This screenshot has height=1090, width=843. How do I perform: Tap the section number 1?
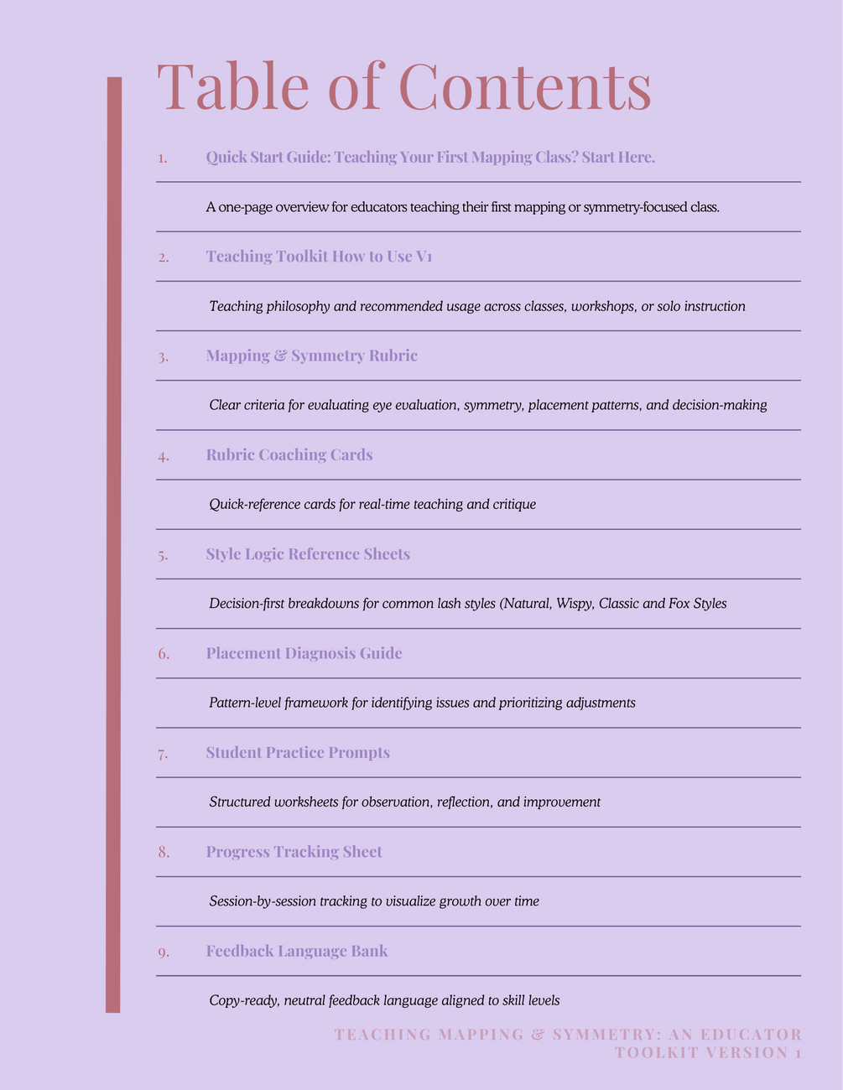point(163,158)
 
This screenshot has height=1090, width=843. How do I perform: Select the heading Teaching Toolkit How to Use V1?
point(319,257)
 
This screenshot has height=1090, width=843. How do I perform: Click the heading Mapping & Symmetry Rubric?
point(311,356)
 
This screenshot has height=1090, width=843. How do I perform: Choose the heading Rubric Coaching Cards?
point(289,455)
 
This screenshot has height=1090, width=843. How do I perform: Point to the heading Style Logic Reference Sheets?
point(308,554)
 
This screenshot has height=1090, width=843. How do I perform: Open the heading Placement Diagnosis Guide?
point(304,653)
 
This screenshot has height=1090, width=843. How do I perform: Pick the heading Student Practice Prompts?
point(298,753)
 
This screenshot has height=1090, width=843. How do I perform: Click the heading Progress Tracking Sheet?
point(294,852)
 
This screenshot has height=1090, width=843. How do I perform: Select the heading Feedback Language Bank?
point(297,951)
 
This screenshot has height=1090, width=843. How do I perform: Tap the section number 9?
point(163,952)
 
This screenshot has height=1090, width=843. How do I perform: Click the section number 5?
point(163,555)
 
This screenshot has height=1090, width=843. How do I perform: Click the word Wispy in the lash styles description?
point(573,604)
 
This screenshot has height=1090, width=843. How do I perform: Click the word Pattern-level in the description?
point(245,703)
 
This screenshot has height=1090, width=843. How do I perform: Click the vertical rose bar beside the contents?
point(113,545)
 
